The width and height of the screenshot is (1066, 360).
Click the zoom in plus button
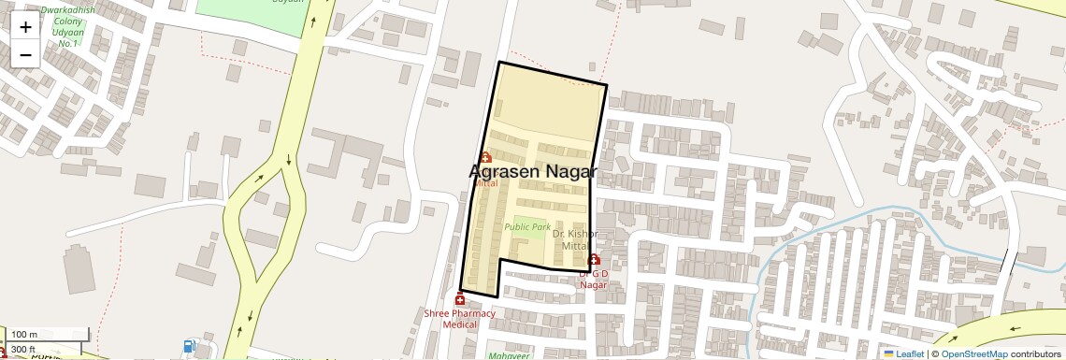[25, 26]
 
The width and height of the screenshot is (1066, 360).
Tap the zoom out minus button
[25, 54]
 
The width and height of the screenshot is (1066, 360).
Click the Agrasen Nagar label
[532, 172]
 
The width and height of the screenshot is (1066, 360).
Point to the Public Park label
[527, 226]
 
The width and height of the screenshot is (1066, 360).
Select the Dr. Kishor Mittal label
[574, 239]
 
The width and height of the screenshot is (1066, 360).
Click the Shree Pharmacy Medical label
[459, 319]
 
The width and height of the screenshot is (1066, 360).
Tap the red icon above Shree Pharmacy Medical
[459, 299]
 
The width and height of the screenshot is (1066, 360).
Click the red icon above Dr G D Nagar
[594, 259]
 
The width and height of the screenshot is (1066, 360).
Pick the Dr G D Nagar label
[594, 279]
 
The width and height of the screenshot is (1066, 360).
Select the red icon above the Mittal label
[485, 157]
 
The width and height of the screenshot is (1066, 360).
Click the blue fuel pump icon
[191, 346]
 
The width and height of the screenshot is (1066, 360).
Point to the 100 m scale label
[24, 335]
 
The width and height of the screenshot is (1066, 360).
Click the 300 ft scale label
[24, 349]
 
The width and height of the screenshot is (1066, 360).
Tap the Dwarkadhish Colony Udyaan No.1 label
[67, 23]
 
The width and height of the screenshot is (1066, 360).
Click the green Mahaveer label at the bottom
[508, 355]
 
